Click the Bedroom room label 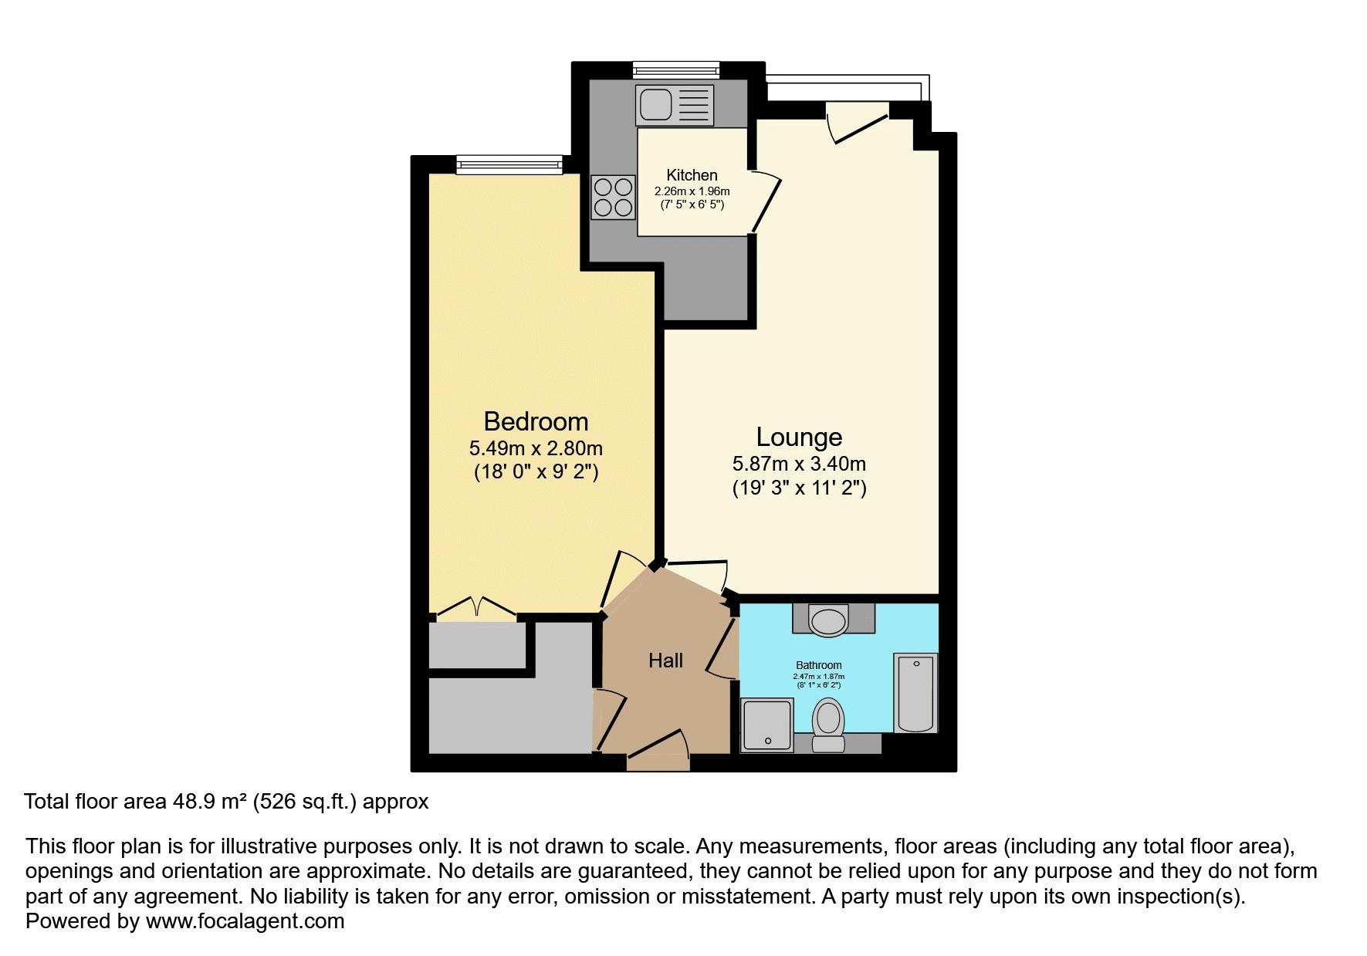click(536, 421)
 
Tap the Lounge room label click(798, 437)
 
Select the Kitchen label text click(692, 175)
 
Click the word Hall click(665, 660)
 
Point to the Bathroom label click(818, 665)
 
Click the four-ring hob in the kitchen click(614, 197)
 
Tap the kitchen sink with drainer click(675, 104)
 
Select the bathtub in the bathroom click(915, 692)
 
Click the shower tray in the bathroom click(766, 725)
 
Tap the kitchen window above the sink click(675, 69)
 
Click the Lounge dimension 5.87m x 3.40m click(799, 464)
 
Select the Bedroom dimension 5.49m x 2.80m click(536, 448)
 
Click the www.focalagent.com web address click(245, 921)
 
